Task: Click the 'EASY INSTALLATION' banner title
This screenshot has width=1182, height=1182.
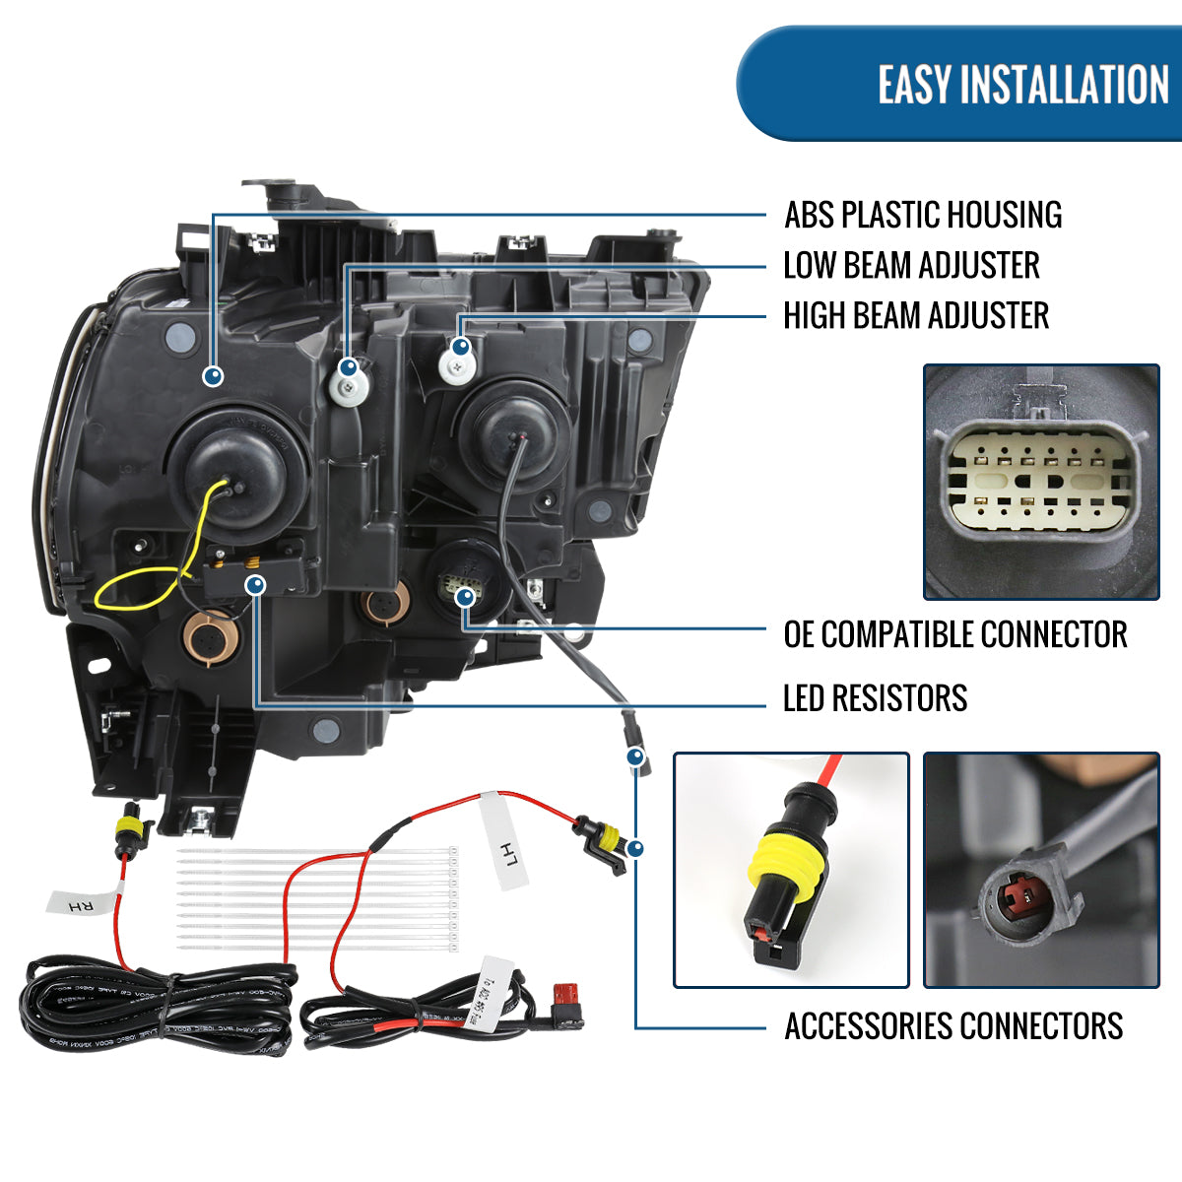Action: (1022, 85)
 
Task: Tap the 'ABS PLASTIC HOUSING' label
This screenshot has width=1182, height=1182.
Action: (923, 215)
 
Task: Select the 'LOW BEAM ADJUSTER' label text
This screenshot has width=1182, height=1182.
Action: (911, 265)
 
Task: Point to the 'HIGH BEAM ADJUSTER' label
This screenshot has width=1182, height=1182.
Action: (915, 316)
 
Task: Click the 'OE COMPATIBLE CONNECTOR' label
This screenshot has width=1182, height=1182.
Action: (954, 634)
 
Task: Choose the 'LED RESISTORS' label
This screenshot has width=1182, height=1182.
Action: (875, 698)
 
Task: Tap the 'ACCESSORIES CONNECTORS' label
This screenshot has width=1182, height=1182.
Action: (952, 1026)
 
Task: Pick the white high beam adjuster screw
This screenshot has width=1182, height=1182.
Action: (457, 366)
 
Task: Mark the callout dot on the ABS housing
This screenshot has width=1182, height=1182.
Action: (213, 375)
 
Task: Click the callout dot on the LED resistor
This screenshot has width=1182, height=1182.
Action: (256, 586)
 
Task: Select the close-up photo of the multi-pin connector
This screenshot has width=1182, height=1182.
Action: (1040, 482)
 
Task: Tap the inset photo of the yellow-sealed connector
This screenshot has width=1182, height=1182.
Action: (790, 870)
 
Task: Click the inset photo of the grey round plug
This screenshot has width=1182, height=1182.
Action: (1040, 870)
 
